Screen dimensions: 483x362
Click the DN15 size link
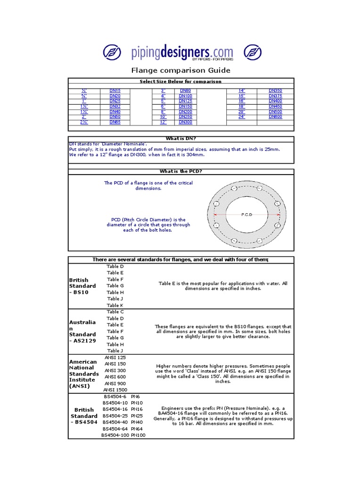tap(115, 90)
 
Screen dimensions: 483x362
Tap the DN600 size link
tap(275, 117)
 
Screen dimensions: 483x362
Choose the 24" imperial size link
tap(242, 117)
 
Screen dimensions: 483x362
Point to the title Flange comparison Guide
tap(181, 70)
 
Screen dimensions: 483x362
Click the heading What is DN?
tap(181, 138)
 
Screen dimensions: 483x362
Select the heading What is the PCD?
tap(181, 171)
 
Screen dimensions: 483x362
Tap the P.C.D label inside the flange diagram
tap(247, 215)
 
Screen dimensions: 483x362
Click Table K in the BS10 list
tap(115, 305)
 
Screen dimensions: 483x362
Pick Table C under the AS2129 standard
tap(115, 312)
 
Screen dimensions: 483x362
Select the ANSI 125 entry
tap(115, 357)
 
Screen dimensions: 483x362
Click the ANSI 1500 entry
tap(115, 390)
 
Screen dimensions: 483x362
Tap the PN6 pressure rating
tap(135, 396)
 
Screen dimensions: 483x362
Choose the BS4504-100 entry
tap(115, 435)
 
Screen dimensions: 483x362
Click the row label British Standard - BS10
tap(82, 286)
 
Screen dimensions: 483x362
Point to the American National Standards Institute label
tap(83, 374)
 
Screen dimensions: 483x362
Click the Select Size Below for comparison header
tap(181, 81)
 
